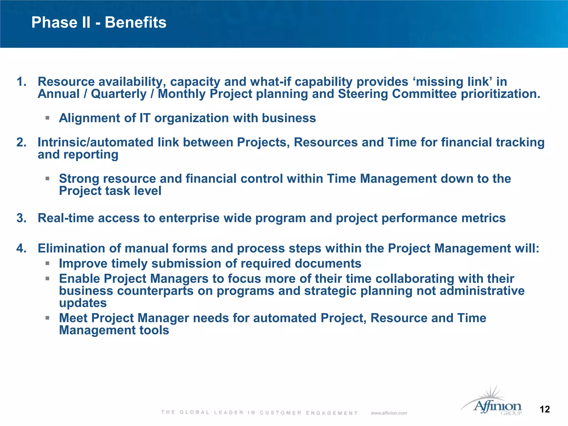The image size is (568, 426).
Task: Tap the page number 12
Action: tap(545, 409)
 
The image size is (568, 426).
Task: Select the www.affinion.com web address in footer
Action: tap(389, 413)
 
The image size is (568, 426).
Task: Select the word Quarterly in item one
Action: tap(119, 94)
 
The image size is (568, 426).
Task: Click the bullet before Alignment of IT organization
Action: tap(47, 118)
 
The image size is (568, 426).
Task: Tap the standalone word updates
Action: tap(83, 303)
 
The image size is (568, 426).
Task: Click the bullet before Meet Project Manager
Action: tap(47, 318)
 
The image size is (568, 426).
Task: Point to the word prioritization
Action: tap(501, 94)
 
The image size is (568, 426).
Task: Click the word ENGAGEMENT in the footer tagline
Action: tap(332, 413)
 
